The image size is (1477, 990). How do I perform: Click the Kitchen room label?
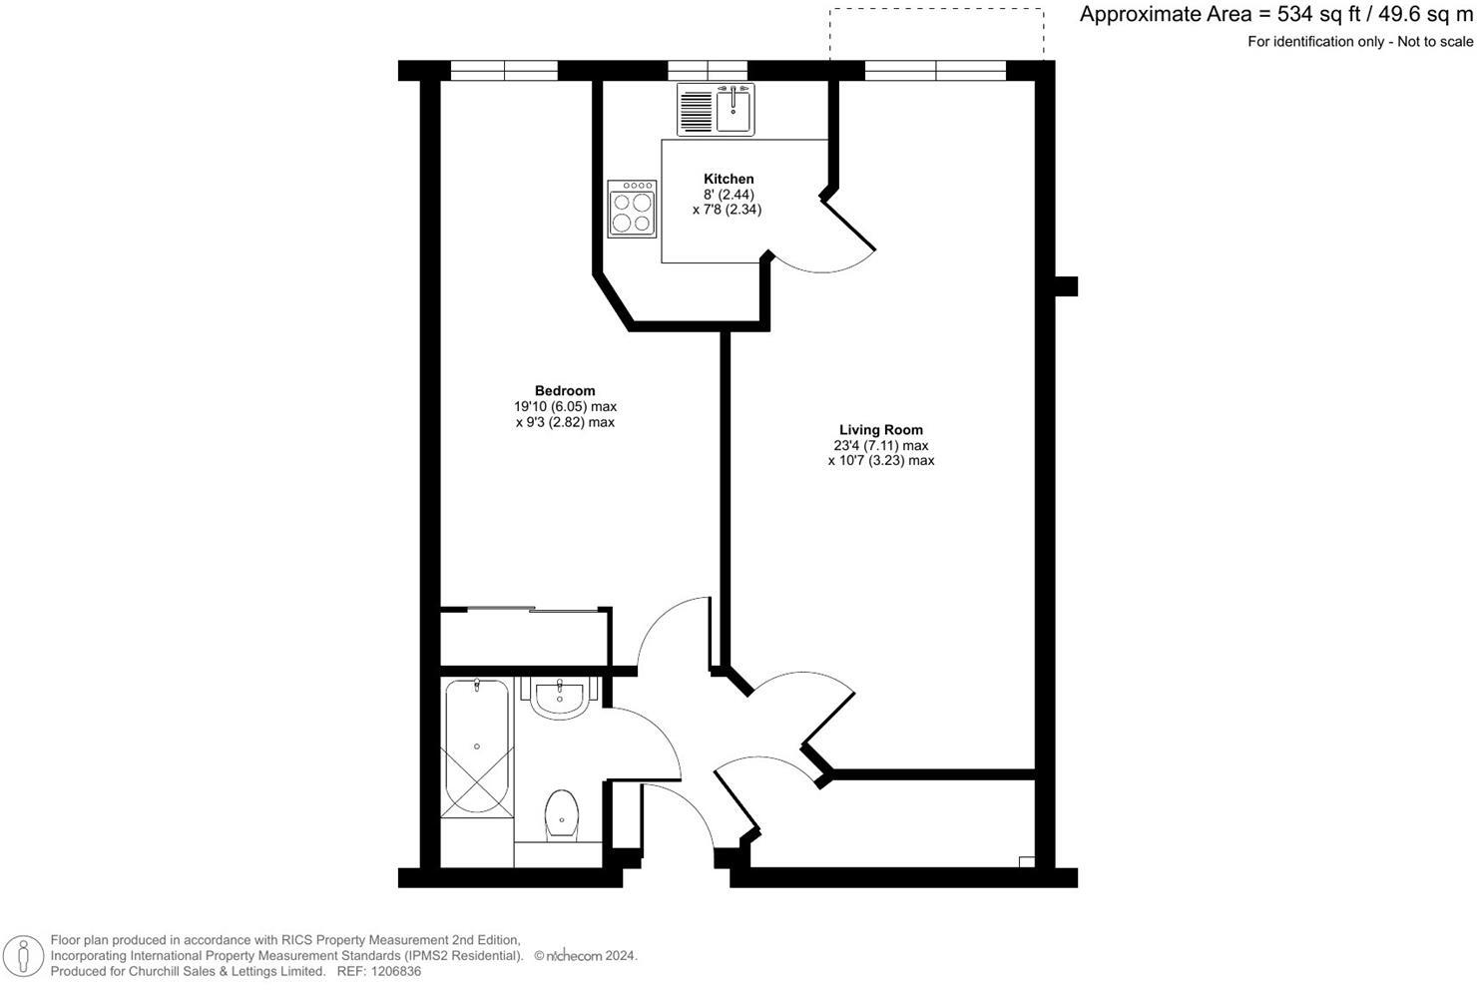[728, 179]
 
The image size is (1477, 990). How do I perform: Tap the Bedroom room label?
[565, 390]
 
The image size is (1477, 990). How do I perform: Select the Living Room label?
[880, 430]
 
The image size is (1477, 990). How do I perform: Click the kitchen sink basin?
[735, 107]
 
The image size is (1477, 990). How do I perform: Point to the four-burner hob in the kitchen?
[632, 209]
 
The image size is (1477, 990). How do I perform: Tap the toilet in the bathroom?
[562, 814]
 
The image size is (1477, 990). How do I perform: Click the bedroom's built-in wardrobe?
[525, 636]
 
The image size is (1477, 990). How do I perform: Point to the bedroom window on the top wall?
[504, 70]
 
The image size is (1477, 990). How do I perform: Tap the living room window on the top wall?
[935, 70]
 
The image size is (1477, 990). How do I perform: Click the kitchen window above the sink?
[707, 70]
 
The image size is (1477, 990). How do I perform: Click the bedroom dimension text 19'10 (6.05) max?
[565, 406]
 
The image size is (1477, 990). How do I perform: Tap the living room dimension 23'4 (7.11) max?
[880, 445]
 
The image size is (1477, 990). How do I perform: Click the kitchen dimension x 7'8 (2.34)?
[728, 210]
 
